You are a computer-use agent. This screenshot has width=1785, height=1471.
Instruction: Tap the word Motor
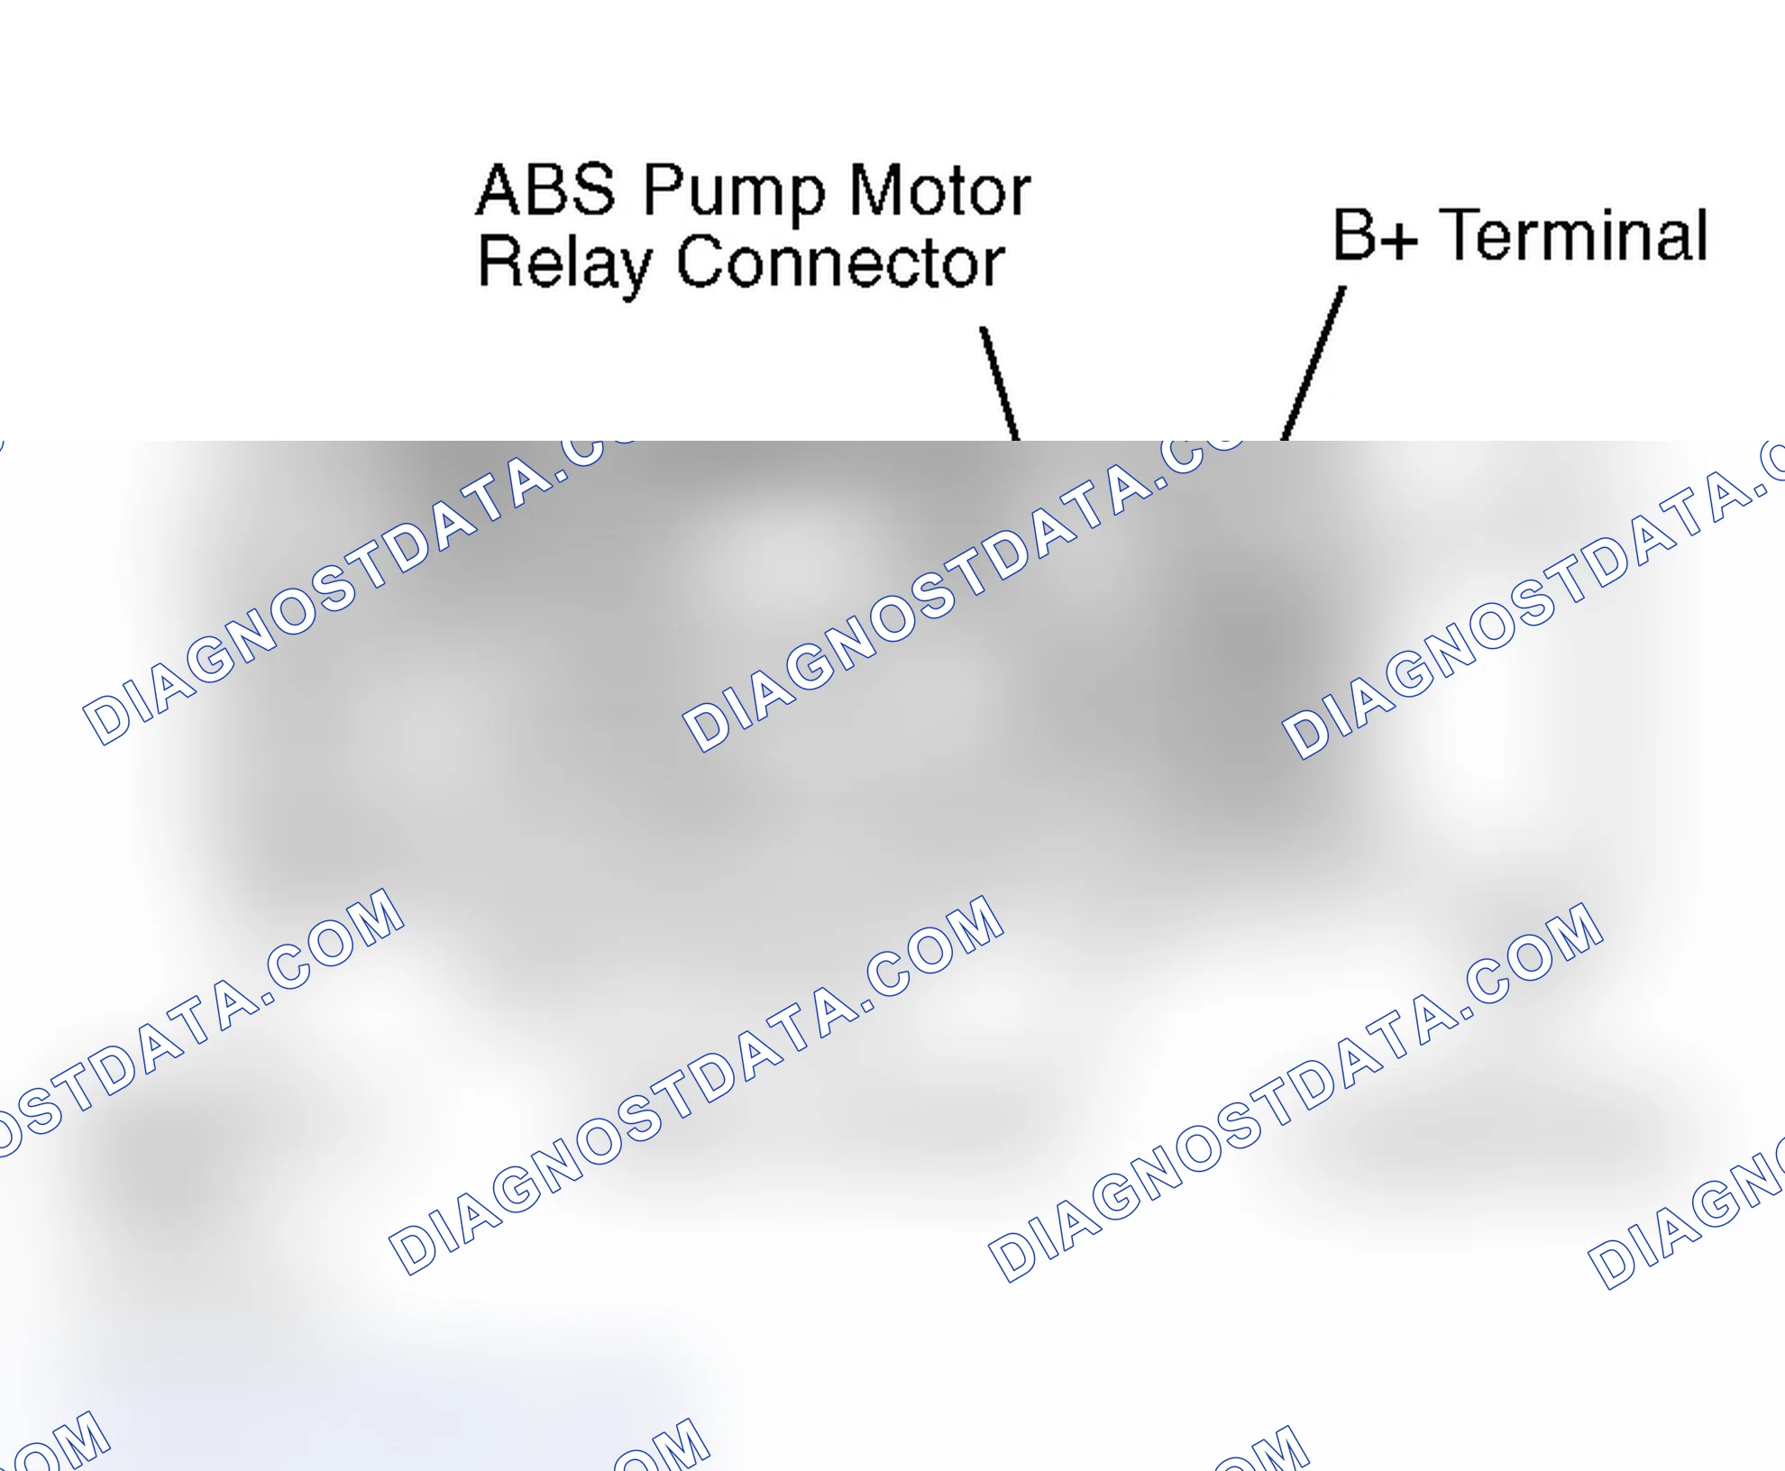(x=940, y=190)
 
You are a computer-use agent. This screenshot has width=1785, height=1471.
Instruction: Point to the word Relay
(x=563, y=265)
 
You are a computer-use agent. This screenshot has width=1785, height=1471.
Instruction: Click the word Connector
(x=840, y=262)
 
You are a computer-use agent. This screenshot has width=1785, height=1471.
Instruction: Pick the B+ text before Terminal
(x=1375, y=234)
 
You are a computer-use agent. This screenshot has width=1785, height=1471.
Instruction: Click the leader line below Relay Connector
(x=1000, y=384)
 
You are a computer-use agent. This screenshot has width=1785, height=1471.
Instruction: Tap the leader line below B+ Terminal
(x=1313, y=364)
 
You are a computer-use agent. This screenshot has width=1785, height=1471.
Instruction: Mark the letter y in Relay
(x=631, y=273)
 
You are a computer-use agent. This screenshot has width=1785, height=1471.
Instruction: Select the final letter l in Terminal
(x=1701, y=234)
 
